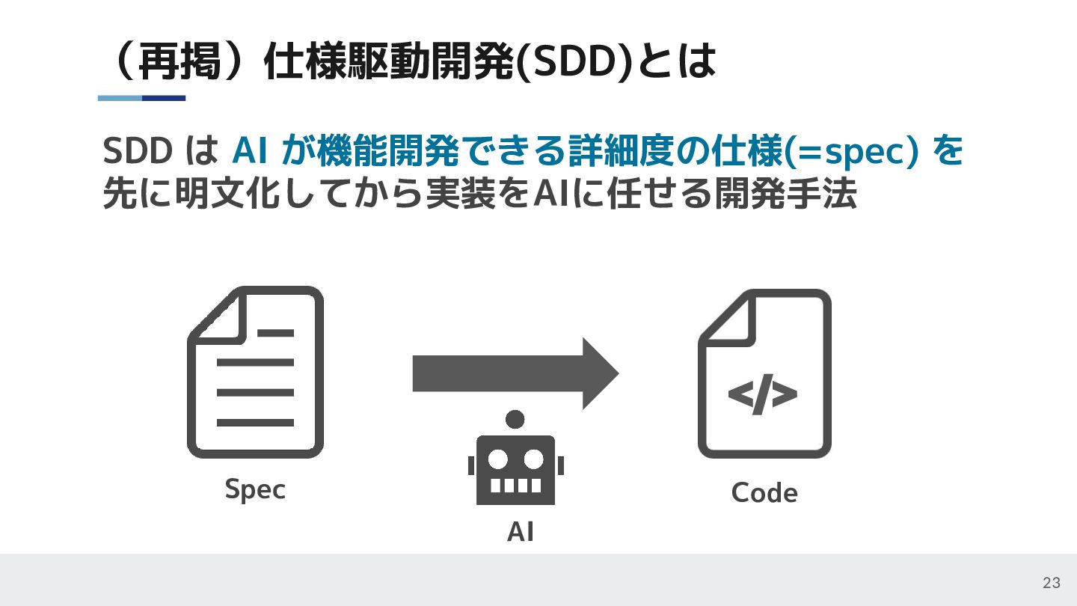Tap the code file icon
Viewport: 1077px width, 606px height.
764,373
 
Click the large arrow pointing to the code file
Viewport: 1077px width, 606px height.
515,373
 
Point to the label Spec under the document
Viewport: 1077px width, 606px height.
255,490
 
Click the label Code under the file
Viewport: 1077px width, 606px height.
764,493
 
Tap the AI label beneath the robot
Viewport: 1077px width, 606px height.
521,531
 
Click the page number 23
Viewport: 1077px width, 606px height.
1052,584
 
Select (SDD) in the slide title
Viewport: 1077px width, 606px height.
575,64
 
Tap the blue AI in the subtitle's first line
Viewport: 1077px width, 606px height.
251,152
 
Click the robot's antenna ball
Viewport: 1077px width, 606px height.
515,419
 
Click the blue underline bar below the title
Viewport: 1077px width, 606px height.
141,98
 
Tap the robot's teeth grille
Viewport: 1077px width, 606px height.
515,485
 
